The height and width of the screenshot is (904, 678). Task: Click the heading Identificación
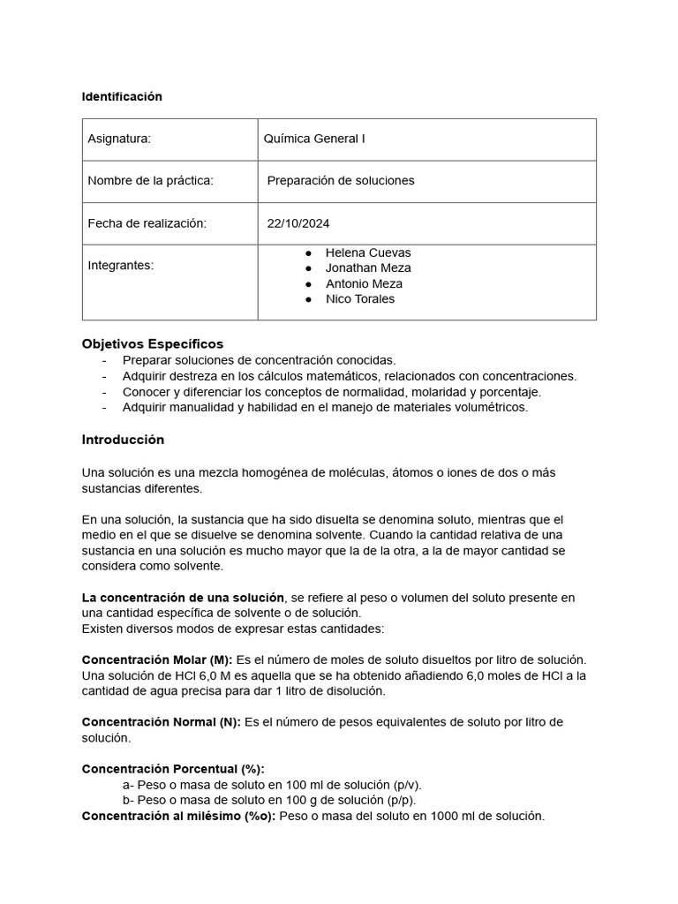click(x=122, y=97)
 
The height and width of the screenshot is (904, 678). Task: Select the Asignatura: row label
click(x=119, y=139)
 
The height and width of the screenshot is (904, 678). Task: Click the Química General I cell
click(x=313, y=139)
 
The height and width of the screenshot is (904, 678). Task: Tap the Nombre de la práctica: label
click(x=150, y=181)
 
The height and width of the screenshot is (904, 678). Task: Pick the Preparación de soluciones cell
click(x=340, y=181)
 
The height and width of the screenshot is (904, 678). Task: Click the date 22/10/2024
click(x=298, y=223)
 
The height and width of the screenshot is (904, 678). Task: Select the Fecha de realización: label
click(x=147, y=223)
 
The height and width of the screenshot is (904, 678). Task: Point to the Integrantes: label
click(x=120, y=265)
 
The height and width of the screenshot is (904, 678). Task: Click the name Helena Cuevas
click(x=367, y=252)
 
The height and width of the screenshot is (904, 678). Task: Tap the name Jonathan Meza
click(x=367, y=267)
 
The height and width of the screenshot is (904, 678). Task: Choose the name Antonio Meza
click(x=364, y=283)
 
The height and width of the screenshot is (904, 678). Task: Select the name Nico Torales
click(x=359, y=299)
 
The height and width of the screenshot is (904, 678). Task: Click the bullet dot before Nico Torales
click(x=308, y=299)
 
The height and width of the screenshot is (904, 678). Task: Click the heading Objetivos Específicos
click(x=152, y=343)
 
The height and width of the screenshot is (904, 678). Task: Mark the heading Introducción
click(x=123, y=440)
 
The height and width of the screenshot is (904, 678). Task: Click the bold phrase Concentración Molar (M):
click(x=157, y=659)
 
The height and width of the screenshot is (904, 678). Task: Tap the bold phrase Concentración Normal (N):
click(x=161, y=722)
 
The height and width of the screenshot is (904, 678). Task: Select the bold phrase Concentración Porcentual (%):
click(x=173, y=769)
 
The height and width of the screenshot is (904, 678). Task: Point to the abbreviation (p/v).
click(x=406, y=785)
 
